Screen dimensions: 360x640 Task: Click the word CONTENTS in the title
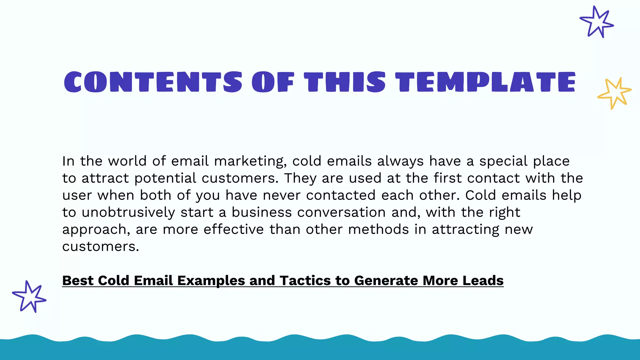153,82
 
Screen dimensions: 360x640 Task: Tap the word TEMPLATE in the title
485,82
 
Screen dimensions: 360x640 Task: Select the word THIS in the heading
345,82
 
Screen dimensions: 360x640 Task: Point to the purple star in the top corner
597,22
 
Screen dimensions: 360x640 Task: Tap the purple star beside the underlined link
29,297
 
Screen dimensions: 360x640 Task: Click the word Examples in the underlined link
211,281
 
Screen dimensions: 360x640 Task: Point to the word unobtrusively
128,212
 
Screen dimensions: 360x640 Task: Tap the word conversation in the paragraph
341,212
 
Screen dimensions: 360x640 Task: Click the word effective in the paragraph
234,230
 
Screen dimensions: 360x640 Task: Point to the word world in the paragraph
127,161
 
